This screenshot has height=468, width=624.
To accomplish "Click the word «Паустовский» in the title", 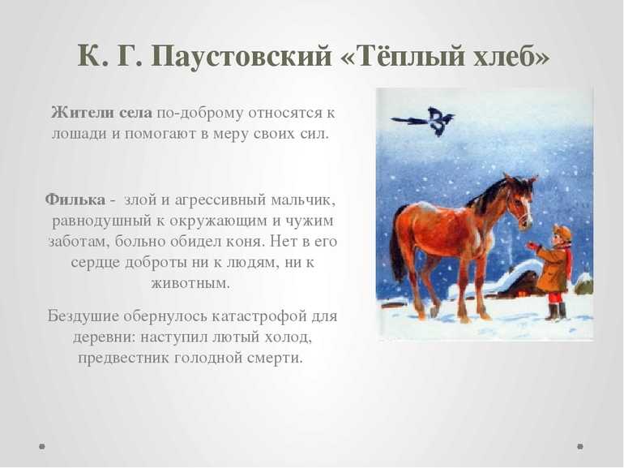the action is pyautogui.click(x=241, y=56).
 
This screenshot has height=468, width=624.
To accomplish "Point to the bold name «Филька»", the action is pyautogui.click(x=75, y=200).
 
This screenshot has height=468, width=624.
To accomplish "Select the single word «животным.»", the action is pyautogui.click(x=190, y=284).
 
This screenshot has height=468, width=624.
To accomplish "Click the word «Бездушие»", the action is pyautogui.click(x=83, y=316).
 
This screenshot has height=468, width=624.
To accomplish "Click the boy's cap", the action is pyautogui.click(x=562, y=232).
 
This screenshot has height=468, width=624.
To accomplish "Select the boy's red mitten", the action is pyautogui.click(x=532, y=245).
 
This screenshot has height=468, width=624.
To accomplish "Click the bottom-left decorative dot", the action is pyautogui.click(x=42, y=446).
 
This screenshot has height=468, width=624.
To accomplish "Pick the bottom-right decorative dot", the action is pyautogui.click(x=580, y=446).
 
